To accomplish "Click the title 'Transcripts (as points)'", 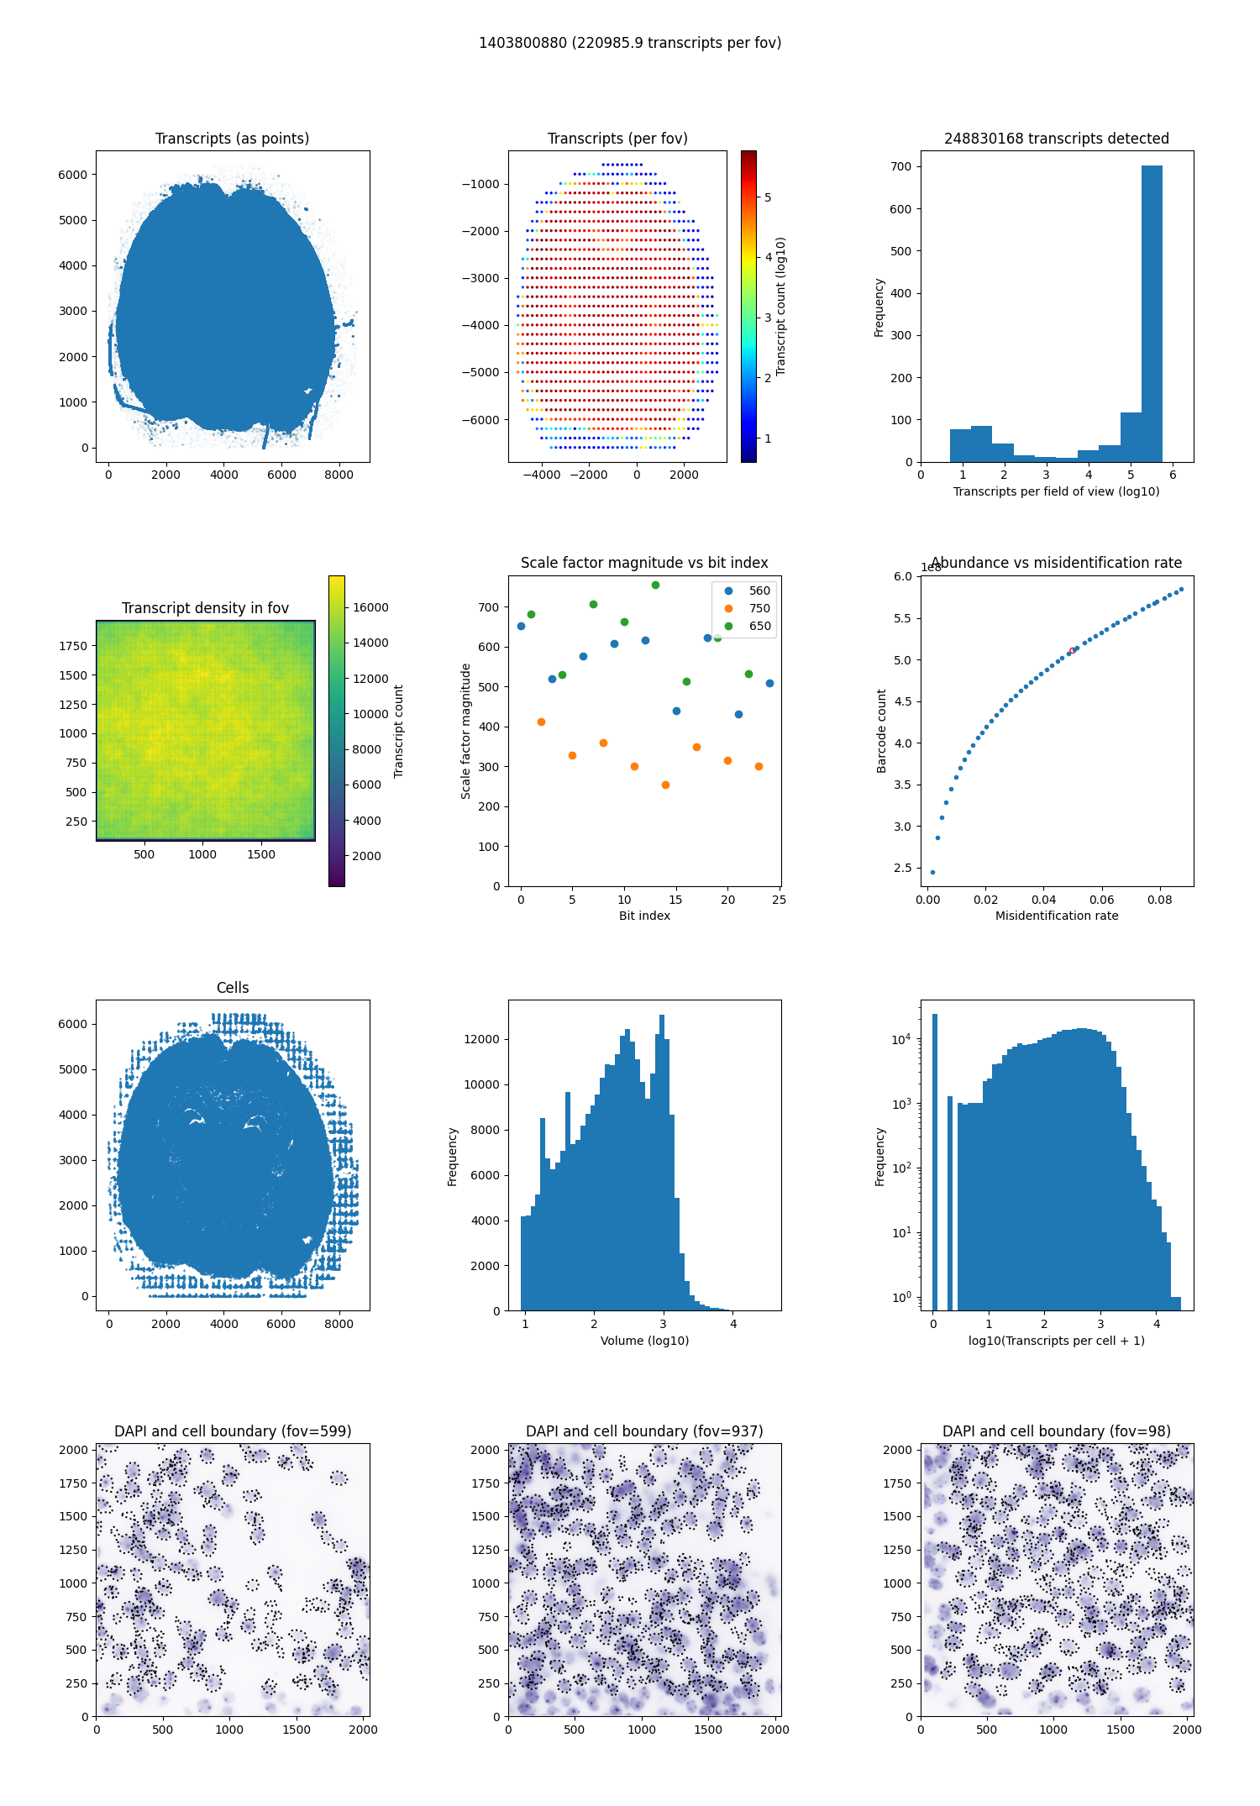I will tap(232, 139).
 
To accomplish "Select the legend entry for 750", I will tap(759, 608).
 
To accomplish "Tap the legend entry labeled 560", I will tap(759, 591).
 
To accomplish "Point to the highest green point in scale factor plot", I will tap(655, 585).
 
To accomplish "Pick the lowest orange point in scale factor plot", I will tap(665, 785).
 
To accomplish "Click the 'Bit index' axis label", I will tap(644, 916).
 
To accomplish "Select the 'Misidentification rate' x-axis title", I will tap(1057, 916).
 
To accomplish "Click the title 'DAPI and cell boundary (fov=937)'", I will tap(644, 1431).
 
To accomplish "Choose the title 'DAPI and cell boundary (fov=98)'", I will tap(1057, 1431).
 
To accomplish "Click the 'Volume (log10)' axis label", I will tap(644, 1341).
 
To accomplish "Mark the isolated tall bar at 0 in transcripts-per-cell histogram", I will tap(934, 1159).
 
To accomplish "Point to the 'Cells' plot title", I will tap(233, 988).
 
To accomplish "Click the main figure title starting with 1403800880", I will tap(630, 43).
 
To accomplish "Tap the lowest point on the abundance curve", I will tap(932, 872).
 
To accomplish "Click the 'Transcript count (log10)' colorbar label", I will tap(780, 307).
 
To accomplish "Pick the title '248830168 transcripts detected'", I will tap(1057, 139).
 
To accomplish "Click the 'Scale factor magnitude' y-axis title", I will tap(465, 731).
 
